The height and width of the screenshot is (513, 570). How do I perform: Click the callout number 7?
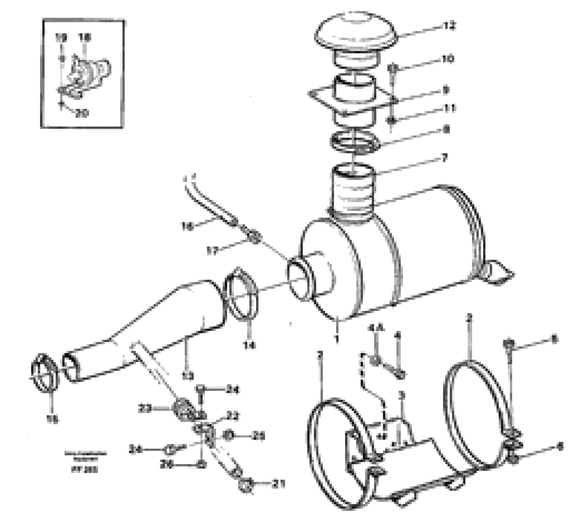444,158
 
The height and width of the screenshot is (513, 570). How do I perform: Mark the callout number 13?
188,375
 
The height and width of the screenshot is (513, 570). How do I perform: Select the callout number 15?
53,420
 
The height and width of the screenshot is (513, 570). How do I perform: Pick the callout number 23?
145,408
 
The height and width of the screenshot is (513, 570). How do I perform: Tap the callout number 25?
258,436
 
